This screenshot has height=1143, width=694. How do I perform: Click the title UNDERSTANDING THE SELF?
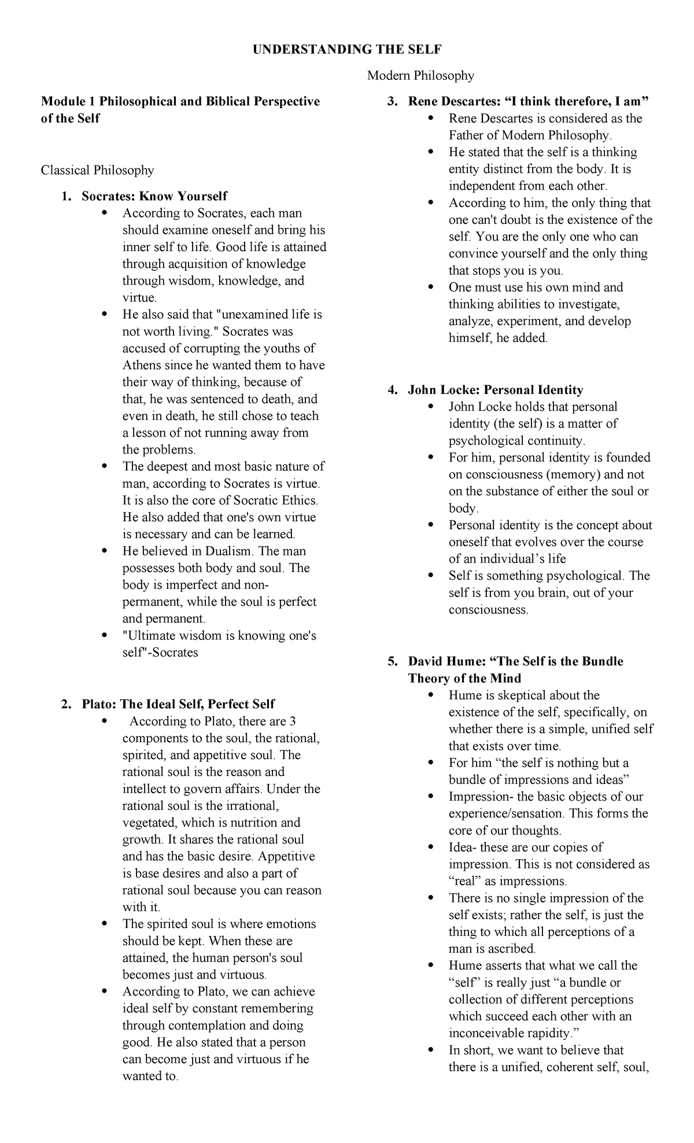346,50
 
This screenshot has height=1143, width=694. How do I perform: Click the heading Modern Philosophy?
420,75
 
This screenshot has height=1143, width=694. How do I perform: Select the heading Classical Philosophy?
97,170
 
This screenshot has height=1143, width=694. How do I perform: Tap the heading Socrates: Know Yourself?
154,196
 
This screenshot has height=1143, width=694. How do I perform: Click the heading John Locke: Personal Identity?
496,390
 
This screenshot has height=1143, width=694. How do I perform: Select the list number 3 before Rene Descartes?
392,102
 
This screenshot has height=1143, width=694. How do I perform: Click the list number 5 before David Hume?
392,661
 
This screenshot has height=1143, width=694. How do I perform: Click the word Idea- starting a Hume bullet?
463,847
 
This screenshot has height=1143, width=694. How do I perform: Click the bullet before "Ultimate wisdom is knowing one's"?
104,636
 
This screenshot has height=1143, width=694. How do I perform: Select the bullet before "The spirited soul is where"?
104,924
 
